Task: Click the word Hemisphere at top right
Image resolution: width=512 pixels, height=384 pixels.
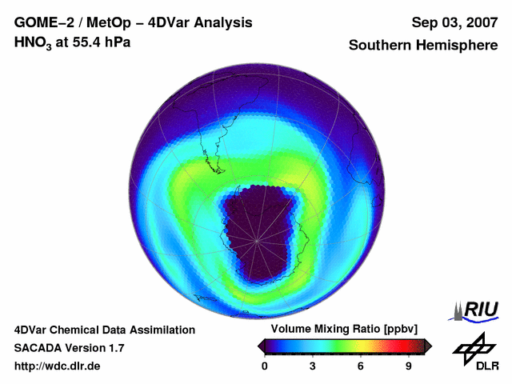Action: [460, 46]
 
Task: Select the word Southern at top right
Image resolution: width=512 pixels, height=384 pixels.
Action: [381, 46]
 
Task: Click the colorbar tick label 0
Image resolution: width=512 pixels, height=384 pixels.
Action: [265, 366]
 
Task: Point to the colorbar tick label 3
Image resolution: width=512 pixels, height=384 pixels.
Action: [313, 366]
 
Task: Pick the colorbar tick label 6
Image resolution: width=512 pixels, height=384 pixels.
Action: [361, 366]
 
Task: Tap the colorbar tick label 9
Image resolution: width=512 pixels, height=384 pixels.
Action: [408, 366]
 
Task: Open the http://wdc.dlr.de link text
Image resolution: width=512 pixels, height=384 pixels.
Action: [58, 366]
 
